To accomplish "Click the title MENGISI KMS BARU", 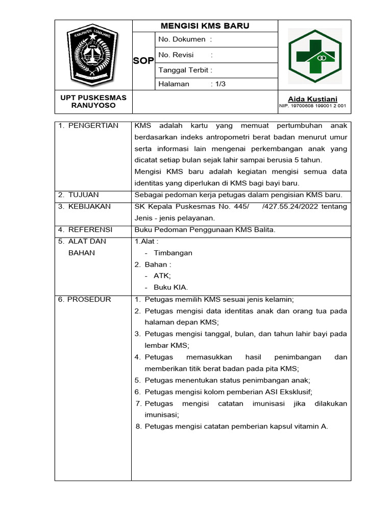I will [x=205, y=26].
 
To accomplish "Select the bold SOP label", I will [x=143, y=61].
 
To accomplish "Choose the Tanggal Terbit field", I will [x=185, y=69].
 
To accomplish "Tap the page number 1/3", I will [x=219, y=84].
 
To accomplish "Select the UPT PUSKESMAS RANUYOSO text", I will [x=93, y=101].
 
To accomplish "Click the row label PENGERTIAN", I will [x=93, y=125].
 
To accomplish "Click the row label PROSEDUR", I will [x=89, y=299].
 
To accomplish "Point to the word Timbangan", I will [x=173, y=253].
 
